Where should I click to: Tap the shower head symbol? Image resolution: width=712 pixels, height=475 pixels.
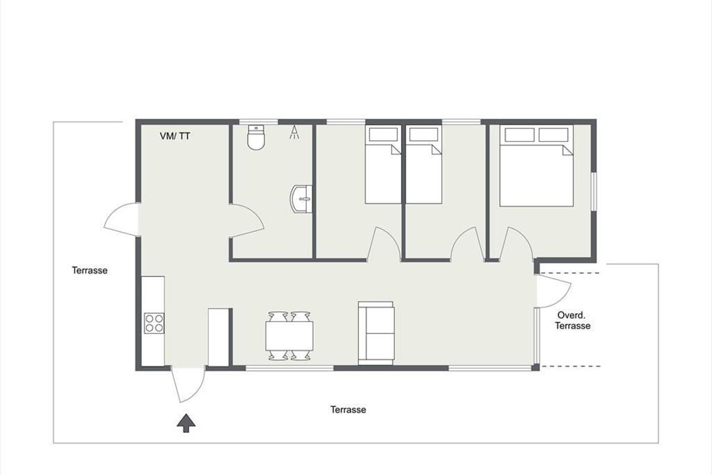294,132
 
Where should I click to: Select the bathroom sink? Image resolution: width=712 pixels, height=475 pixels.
301,199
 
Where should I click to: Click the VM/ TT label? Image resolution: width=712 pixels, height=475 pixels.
175,136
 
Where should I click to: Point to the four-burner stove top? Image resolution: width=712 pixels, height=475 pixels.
154,323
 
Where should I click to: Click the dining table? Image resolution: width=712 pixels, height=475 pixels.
290,335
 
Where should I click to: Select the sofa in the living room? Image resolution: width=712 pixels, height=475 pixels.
376,333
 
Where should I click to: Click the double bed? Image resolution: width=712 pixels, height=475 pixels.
536,166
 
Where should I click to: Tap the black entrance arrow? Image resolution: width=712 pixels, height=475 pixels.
186,423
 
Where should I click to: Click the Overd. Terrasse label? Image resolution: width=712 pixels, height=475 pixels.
573,321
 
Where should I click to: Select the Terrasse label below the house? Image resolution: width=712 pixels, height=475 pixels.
348,410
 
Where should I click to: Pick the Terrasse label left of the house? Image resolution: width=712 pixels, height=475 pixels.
90,270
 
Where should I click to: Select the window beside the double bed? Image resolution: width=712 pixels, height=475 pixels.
593,192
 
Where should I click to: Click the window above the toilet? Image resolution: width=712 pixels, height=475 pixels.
259,122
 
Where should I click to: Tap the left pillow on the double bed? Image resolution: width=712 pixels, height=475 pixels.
519,135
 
